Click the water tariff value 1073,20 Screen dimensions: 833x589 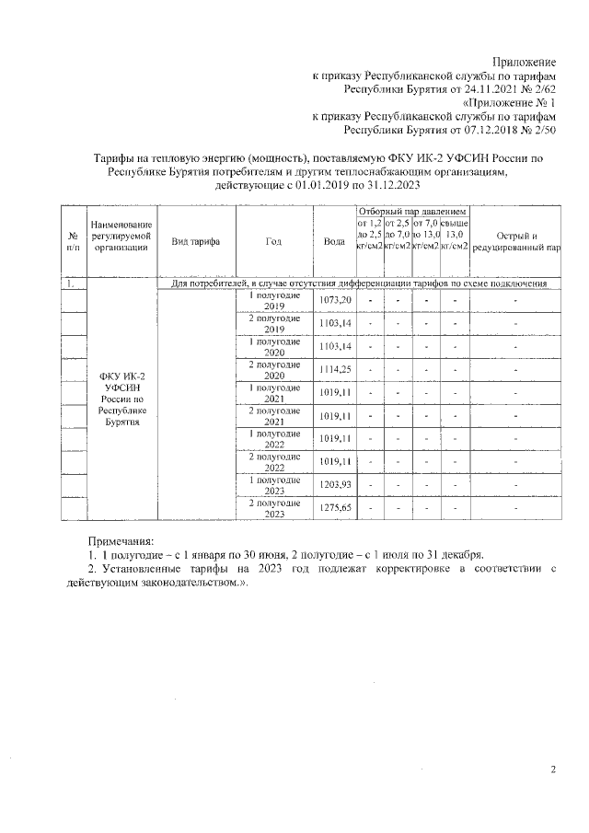[334, 301]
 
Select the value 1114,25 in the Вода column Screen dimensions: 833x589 [334, 368]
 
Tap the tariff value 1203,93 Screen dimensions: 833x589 [334, 484]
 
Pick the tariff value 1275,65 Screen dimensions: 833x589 [334, 507]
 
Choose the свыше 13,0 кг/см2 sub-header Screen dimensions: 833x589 [455, 234]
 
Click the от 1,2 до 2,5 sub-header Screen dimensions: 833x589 [369, 234]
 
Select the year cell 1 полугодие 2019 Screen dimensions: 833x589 [274, 301]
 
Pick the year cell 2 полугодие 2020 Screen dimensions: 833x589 [274, 369]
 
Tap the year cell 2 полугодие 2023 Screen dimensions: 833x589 [274, 507]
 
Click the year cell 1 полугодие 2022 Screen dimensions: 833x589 [274, 438]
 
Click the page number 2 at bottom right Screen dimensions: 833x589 [553, 770]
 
